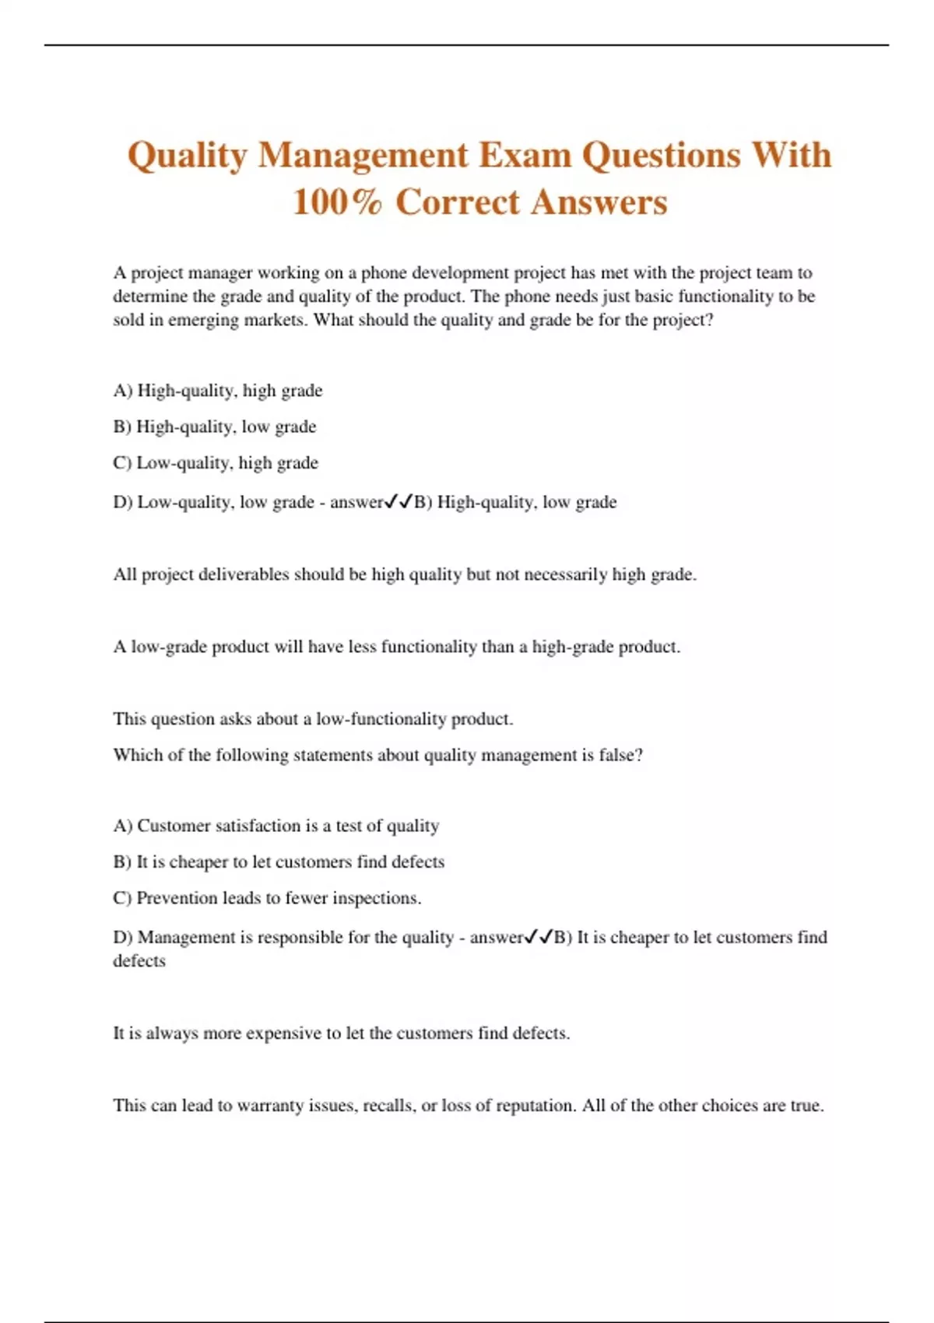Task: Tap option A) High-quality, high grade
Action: tap(218, 391)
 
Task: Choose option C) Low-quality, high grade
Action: tap(216, 463)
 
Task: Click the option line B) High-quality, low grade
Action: tap(215, 427)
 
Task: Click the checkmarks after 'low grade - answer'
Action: tap(399, 502)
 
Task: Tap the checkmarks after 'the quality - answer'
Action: tap(539, 937)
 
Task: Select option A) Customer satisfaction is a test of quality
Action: tap(276, 826)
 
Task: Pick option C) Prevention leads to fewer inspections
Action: tap(267, 898)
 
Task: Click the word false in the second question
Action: tap(620, 755)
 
